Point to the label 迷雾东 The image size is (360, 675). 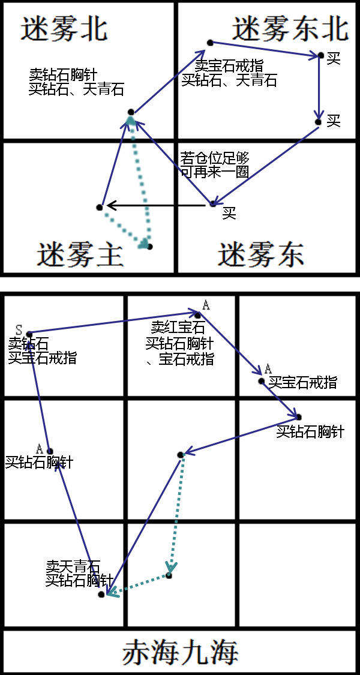(x=260, y=255)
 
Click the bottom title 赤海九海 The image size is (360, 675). (x=180, y=652)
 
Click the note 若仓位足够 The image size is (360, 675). (x=215, y=159)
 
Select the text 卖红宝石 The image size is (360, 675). (x=178, y=328)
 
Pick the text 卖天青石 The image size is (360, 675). (x=73, y=566)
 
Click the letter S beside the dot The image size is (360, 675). (x=19, y=329)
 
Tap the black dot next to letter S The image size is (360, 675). (x=28, y=334)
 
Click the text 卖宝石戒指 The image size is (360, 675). (x=229, y=66)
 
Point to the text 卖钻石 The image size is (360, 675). (x=28, y=344)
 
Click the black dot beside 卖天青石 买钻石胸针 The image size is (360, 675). (x=101, y=594)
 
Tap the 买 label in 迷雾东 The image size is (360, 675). (x=229, y=214)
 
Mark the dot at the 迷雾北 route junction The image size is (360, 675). (x=131, y=112)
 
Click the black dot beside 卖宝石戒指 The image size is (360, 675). (x=210, y=42)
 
